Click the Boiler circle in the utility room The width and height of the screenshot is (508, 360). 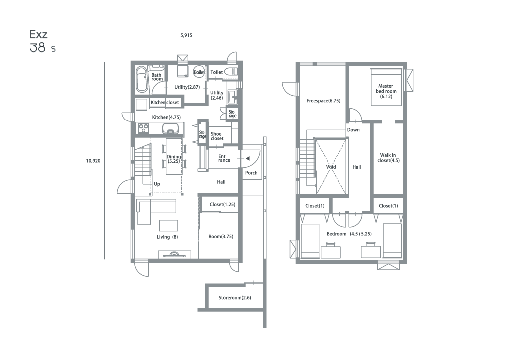coord(199,72)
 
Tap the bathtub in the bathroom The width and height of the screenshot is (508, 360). coord(142,79)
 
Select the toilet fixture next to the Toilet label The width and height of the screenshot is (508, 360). coord(231,72)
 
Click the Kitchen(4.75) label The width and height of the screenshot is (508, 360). coord(166,117)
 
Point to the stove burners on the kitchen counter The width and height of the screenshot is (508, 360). coord(143,128)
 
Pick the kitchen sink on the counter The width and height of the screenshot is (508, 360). coord(171,128)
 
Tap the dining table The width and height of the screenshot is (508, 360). coord(174,157)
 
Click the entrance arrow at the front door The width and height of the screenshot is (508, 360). coord(247,159)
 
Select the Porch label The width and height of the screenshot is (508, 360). coord(251,173)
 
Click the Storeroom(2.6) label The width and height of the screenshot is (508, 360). coord(235,298)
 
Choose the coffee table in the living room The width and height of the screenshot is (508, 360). coord(169,225)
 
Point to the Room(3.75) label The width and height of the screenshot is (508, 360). coord(221,237)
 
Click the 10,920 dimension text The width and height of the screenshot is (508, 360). coord(93,161)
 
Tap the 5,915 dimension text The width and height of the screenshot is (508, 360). coord(186,35)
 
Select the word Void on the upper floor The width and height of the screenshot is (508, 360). coord(331,167)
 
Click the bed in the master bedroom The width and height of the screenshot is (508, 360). coord(386,87)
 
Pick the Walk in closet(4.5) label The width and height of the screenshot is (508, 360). coord(388,158)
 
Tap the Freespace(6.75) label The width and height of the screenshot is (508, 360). coord(323,101)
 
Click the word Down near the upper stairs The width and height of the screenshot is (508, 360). coord(353,130)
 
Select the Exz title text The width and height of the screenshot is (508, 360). coord(38,34)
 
